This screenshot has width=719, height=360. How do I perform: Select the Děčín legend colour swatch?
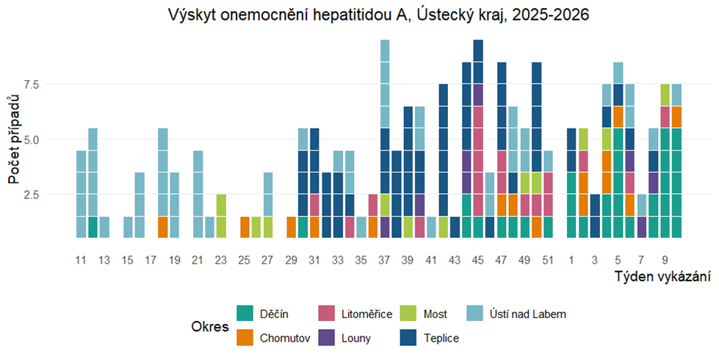pos(245,314)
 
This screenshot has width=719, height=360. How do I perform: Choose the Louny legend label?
pos(357,338)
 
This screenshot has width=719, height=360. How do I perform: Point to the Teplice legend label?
pos(441,338)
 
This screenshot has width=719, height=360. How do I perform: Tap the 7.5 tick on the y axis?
pos(54,84)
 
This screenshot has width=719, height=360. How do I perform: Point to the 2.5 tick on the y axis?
pos(54,195)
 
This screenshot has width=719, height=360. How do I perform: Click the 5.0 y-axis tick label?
pos(54,139)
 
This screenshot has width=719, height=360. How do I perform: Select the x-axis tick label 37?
pos(384,259)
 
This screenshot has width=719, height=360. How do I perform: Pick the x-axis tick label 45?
pos(478,259)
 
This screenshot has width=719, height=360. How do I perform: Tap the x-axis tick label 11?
pos(82,259)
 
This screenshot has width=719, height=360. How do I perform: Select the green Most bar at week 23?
pos(221,216)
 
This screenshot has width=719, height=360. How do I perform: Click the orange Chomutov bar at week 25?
pos(245,227)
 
